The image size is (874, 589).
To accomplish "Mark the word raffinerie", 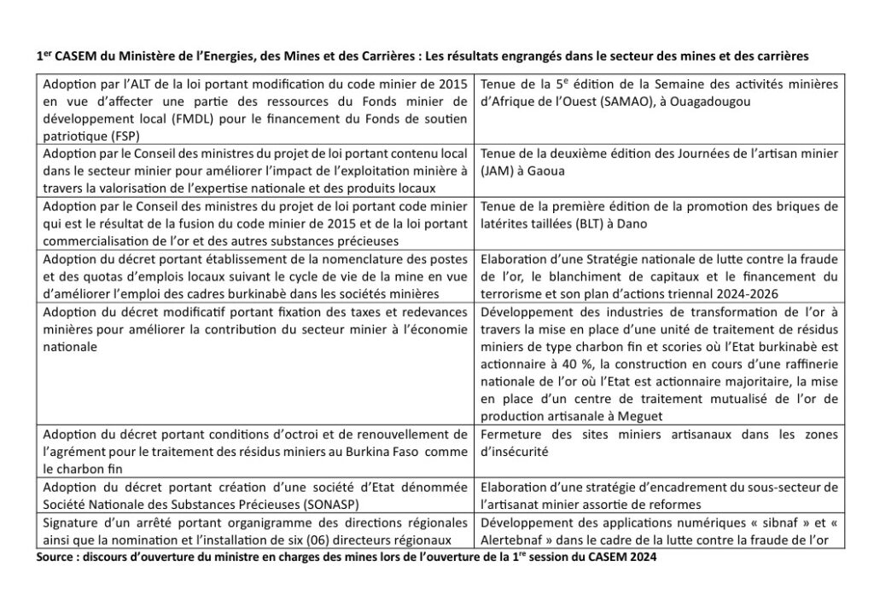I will (806, 363).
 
